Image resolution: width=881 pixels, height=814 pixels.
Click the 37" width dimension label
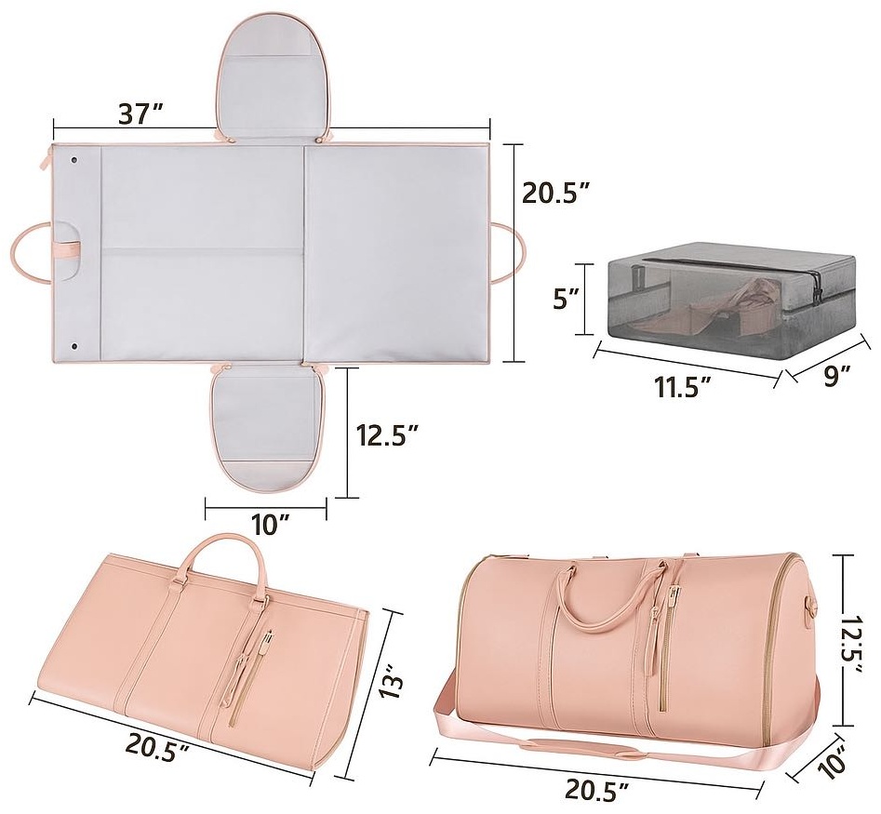[140, 114]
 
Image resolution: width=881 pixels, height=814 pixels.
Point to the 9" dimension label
[836, 375]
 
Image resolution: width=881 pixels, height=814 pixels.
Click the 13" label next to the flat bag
[393, 679]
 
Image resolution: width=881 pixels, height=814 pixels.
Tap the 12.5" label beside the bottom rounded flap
[388, 434]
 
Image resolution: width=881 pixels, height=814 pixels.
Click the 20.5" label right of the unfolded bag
[556, 193]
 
